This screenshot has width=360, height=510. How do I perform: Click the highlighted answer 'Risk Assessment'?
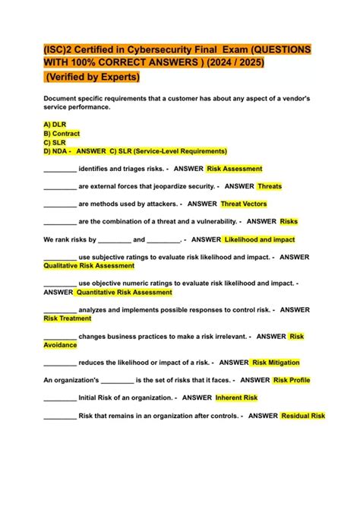[234, 169]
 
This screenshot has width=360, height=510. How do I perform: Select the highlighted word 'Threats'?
[270, 186]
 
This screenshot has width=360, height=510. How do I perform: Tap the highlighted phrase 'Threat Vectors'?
[244, 204]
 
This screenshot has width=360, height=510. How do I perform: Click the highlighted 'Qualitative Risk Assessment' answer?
[89, 266]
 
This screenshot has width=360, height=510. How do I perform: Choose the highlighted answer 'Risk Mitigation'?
[276, 363]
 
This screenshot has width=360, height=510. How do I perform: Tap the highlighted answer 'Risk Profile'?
[292, 380]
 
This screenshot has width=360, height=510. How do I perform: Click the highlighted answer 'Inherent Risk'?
[236, 398]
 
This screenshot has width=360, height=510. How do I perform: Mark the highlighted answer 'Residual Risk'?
[303, 416]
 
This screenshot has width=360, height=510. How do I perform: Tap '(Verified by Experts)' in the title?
[92, 78]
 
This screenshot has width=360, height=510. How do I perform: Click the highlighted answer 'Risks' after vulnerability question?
[289, 221]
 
